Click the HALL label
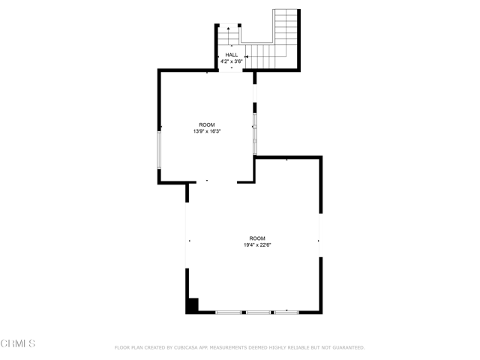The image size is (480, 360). tap(232, 55)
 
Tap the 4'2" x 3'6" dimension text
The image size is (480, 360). tap(232, 61)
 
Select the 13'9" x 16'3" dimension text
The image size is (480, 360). tap(207, 131)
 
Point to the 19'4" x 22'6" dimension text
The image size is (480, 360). tap(257, 245)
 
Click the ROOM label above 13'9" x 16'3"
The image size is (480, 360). tap(207, 125)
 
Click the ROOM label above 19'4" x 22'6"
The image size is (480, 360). tap(257, 238)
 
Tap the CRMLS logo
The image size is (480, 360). tap(18, 343)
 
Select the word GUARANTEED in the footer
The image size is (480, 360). tap(348, 348)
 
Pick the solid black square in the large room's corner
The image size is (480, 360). tap(192, 305)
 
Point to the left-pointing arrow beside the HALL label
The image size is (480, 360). tap(247, 57)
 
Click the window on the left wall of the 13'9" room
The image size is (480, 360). tap(159, 150)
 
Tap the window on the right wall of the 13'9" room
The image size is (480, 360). tap(255, 134)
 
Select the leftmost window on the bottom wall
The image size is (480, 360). tap(228, 313)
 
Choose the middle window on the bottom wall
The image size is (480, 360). tap(258, 313)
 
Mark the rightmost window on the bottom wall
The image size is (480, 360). tap(286, 313)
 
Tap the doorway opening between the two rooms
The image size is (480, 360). tap(217, 182)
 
